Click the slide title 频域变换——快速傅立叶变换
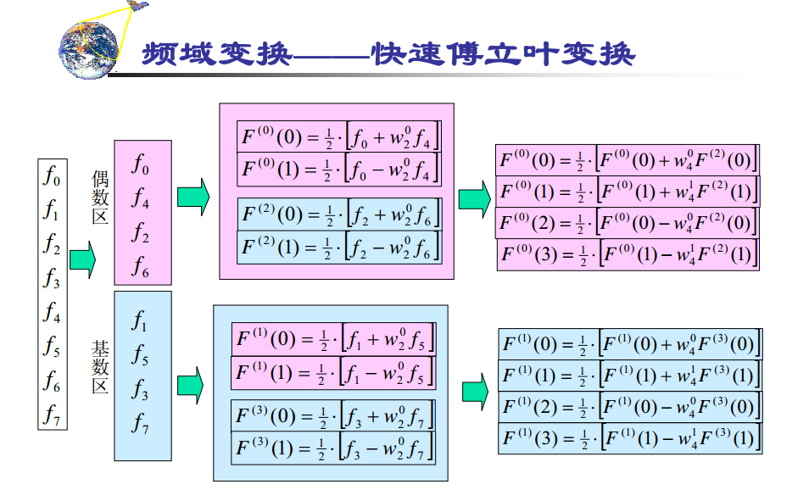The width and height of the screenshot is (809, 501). click(x=388, y=55)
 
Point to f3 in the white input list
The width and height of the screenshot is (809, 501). click(x=53, y=278)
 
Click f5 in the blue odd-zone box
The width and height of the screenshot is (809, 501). click(x=142, y=356)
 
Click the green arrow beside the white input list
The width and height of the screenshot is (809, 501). click(x=82, y=259)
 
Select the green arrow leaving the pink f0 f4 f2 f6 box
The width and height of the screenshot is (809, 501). click(x=192, y=197)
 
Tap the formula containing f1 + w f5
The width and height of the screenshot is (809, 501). click(x=334, y=340)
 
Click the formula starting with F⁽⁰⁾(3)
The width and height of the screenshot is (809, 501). click(x=628, y=254)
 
